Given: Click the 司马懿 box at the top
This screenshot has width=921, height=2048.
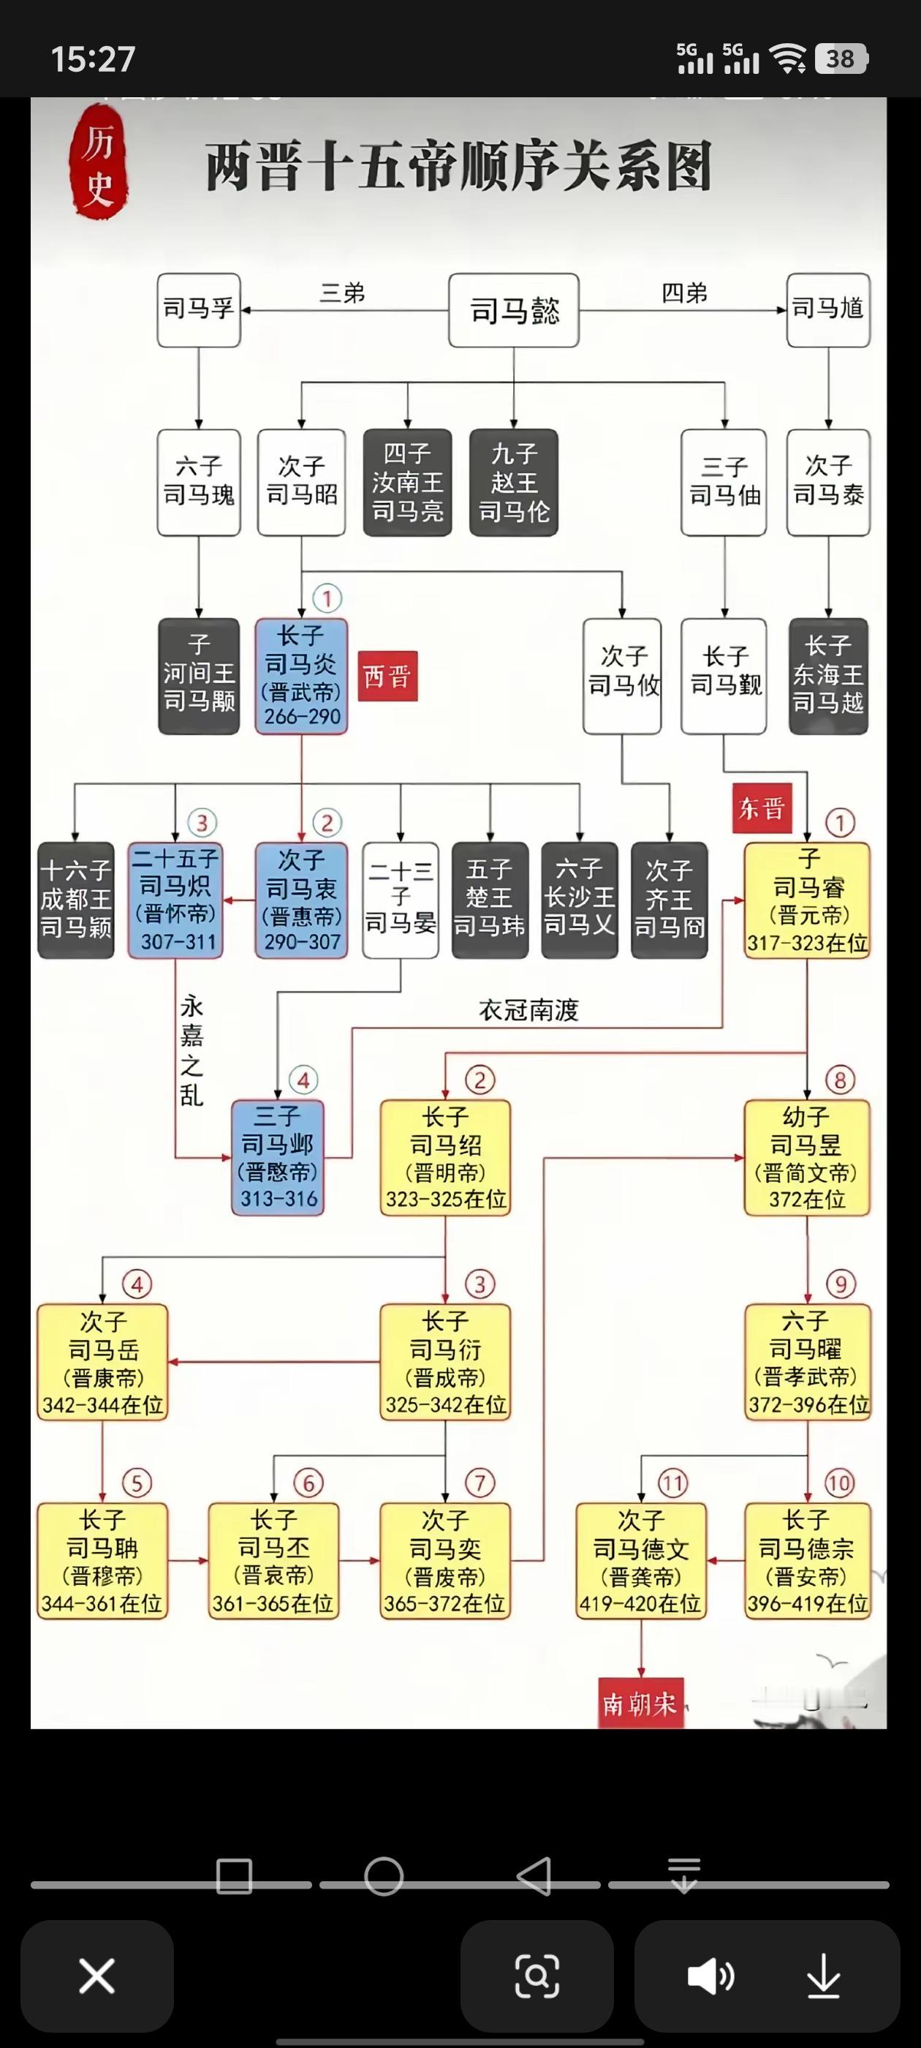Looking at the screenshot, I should tap(513, 310).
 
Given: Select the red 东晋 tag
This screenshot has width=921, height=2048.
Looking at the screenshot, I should tap(761, 807).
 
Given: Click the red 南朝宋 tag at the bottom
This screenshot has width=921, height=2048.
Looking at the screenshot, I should tap(640, 1703).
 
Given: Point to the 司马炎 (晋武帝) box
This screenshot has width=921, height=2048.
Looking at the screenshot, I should tap(301, 677).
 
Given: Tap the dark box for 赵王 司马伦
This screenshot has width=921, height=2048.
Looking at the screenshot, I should tap(513, 483).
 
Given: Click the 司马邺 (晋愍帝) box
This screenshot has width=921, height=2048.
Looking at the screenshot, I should tap(277, 1158).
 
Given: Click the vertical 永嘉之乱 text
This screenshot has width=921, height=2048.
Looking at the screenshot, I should tap(192, 1051).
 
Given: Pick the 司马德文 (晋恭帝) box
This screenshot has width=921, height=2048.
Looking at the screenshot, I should tap(640, 1562).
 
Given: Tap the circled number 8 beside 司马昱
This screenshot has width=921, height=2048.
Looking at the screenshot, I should tap(840, 1080).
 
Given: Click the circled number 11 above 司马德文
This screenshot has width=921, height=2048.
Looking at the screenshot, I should tap(672, 1483).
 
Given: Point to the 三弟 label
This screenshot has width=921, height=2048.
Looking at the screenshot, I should tap(343, 293).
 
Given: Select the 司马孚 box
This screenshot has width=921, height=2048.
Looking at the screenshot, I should tap(199, 310).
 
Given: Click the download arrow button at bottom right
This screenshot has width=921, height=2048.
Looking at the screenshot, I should tap(823, 1976).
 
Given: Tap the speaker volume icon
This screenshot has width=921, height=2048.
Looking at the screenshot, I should tap(710, 1976).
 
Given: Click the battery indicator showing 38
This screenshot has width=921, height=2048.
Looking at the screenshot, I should tap(841, 59).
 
